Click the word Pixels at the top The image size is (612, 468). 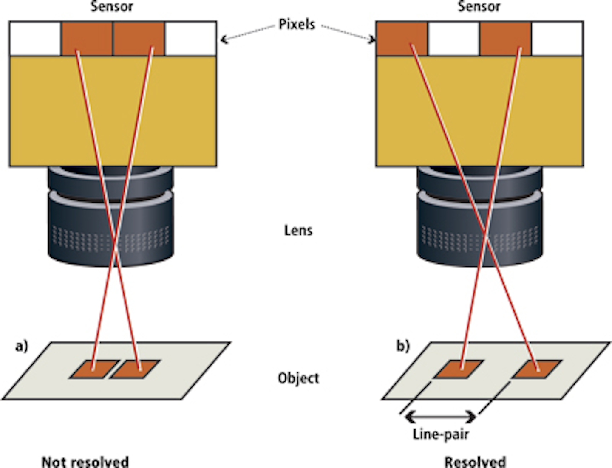(297, 24)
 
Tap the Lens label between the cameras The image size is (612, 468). (298, 231)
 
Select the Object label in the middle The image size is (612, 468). (298, 378)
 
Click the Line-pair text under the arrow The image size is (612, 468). (441, 434)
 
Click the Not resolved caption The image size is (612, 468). (85, 462)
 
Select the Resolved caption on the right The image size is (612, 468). (475, 462)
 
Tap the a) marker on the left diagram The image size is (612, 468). (22, 346)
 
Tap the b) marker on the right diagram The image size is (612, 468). (403, 346)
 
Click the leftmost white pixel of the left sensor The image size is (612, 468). (35, 38)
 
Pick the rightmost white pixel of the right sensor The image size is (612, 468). (557, 38)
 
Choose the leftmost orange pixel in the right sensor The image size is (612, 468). (402, 38)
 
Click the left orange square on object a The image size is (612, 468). (94, 369)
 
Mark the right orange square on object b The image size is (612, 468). (536, 369)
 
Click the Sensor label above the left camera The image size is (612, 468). (112, 6)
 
